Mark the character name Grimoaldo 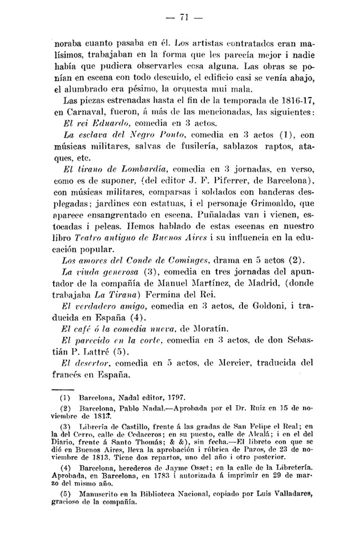(264, 203)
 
